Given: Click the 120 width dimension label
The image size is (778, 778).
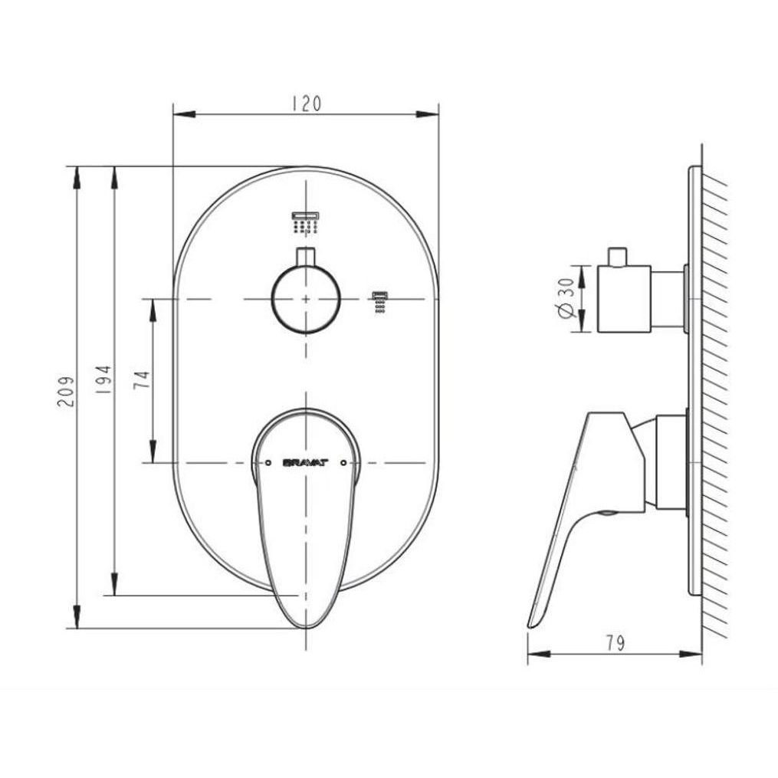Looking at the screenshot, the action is pos(306,103).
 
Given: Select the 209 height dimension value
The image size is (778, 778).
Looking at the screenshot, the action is pos(66,392).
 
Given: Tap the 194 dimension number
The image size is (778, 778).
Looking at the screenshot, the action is pos(104,380).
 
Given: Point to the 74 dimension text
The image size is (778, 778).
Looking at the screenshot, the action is pos(142,379).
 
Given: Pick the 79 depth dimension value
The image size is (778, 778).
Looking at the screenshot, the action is pos(616,644).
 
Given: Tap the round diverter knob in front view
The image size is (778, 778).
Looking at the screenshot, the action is pos(306,298).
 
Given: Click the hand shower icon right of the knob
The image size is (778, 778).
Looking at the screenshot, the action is pos(380,303).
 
